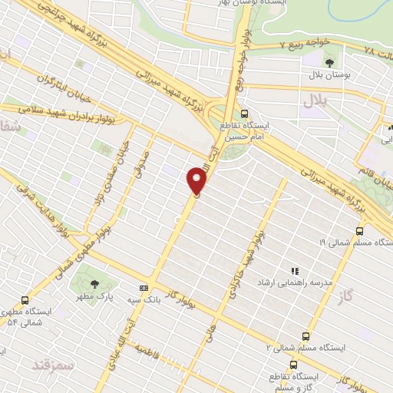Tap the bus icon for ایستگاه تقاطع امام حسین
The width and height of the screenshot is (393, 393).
245,114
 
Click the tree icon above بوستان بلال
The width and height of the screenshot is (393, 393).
329,62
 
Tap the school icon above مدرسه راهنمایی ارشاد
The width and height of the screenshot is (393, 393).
292,270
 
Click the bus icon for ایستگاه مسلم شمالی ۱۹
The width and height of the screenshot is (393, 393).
360,230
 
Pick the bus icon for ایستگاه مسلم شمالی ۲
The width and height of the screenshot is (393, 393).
306,335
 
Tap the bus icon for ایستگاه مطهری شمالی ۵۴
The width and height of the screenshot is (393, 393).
26,301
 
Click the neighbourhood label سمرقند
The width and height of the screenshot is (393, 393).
54,362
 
